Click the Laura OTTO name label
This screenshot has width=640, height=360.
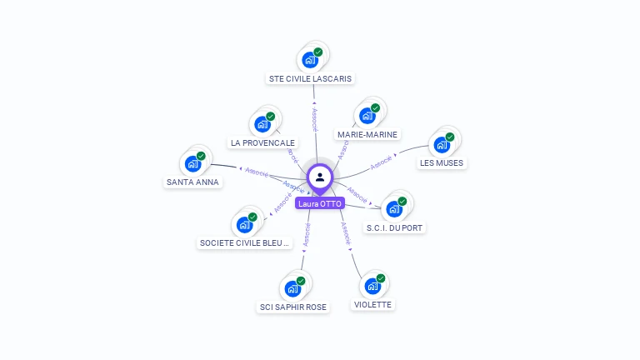coord(320,203)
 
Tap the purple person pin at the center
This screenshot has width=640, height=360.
coord(320,177)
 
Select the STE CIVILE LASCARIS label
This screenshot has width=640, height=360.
coord(311,78)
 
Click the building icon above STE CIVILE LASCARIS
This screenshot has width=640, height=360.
coord(310,60)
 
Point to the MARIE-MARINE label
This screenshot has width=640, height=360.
coord(367,134)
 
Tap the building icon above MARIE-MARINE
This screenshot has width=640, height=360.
coord(367,116)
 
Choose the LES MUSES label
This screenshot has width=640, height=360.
coord(442,162)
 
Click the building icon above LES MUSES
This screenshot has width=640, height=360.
coord(442,144)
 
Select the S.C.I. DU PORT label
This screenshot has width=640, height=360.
coord(395,227)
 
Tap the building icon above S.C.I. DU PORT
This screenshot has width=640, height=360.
coord(394,209)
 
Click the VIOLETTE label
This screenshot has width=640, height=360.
coord(372,304)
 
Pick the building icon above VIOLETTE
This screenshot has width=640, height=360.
coord(372,286)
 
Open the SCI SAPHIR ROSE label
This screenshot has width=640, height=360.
coord(293,307)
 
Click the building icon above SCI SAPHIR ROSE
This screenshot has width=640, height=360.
coord(292,288)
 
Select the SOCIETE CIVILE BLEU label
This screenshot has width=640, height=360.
coord(244,243)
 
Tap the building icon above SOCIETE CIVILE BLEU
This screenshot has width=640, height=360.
coord(245,224)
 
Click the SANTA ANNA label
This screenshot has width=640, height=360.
coord(192,182)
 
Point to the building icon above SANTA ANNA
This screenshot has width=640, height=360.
coord(193,163)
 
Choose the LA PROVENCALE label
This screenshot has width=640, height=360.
coord(262,142)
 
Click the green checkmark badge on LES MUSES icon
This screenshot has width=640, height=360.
coord(450,137)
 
